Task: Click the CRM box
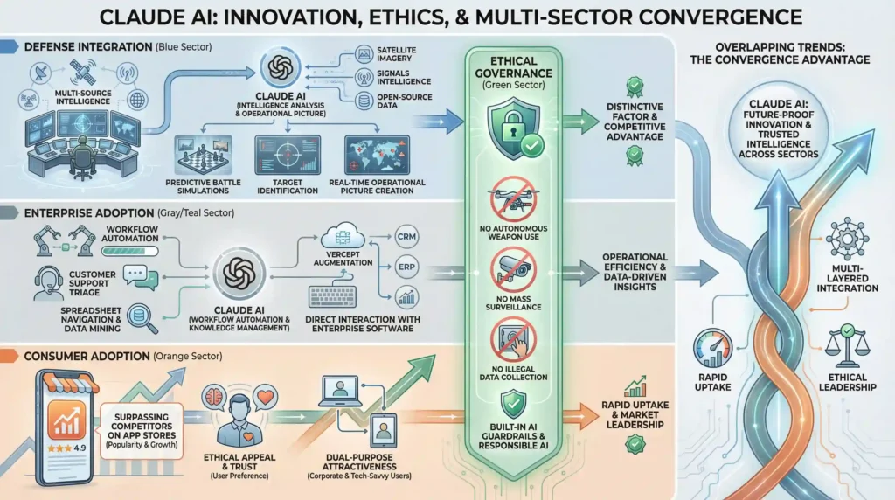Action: coord(406,235)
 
